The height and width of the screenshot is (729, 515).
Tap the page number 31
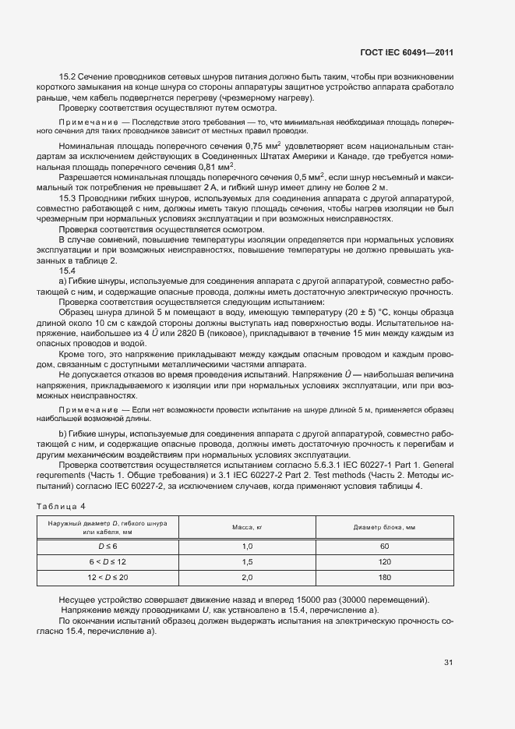coord(448,663)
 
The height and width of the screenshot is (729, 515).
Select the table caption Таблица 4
coord(62,508)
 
